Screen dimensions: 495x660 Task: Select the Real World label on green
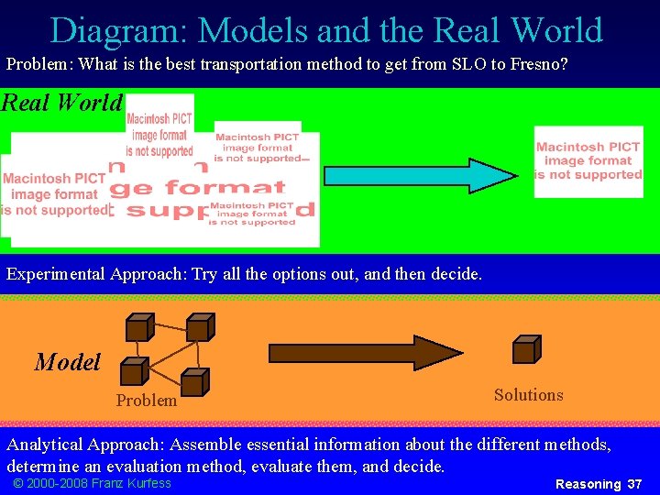click(x=61, y=102)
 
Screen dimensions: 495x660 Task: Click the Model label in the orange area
click(x=67, y=362)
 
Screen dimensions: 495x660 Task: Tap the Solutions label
click(x=528, y=395)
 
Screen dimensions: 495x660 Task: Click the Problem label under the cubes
click(x=147, y=401)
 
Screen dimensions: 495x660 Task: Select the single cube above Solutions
click(x=526, y=349)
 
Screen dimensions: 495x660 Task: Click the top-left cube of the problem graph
click(x=138, y=327)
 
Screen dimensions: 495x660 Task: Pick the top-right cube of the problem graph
click(x=199, y=327)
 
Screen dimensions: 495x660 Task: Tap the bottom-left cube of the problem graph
click(x=134, y=370)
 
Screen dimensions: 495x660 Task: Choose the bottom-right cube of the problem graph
click(x=193, y=381)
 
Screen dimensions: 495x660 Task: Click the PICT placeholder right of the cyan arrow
click(x=588, y=161)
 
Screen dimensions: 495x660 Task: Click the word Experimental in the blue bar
click(x=56, y=274)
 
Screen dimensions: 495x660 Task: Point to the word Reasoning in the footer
click(x=588, y=484)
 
